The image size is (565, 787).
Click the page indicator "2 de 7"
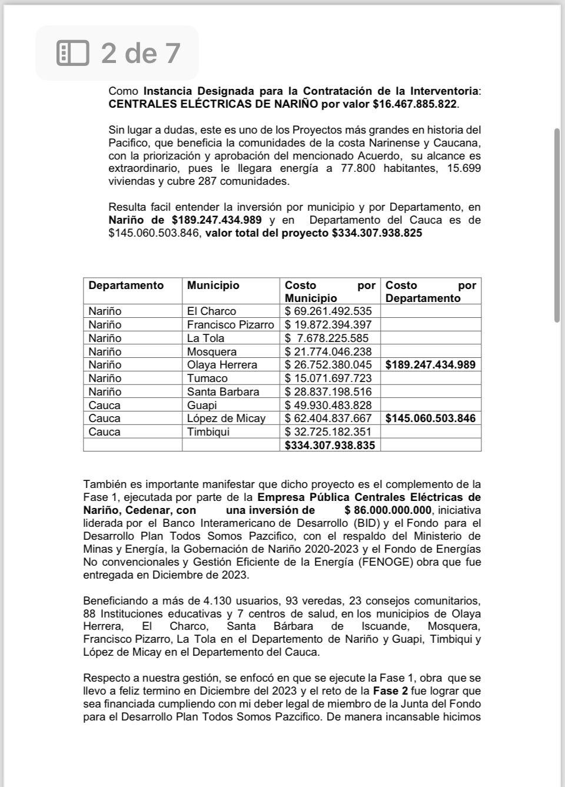(x=140, y=53)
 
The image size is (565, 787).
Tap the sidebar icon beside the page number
(x=72, y=53)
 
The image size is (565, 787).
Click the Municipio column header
(x=213, y=285)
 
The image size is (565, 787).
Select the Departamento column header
(x=126, y=285)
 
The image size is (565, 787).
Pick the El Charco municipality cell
(x=211, y=311)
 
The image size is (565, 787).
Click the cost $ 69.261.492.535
(x=328, y=311)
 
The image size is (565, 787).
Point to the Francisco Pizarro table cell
(x=230, y=325)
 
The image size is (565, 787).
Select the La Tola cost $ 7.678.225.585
(x=327, y=338)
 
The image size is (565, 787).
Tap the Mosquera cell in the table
(x=212, y=352)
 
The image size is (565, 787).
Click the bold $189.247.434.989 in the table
(x=430, y=365)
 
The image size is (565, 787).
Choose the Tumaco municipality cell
(x=207, y=378)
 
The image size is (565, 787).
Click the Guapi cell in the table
(x=202, y=406)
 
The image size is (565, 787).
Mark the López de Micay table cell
(x=226, y=419)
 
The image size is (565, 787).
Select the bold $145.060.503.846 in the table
(x=430, y=419)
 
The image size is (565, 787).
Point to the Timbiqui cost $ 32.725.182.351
(x=328, y=432)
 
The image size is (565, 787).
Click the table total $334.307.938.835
(x=330, y=446)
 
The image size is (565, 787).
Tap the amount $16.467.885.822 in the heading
(x=415, y=104)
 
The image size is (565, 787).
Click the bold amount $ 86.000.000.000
(x=388, y=510)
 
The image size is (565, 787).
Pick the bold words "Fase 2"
(x=389, y=691)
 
